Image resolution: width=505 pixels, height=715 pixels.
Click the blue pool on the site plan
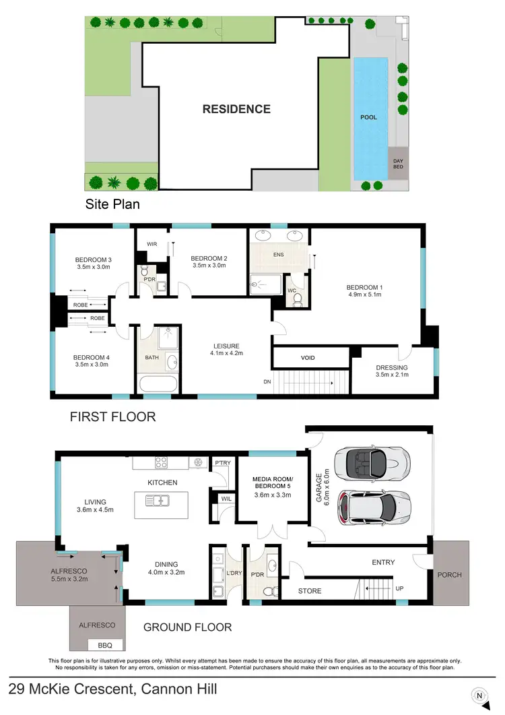coord(371,118)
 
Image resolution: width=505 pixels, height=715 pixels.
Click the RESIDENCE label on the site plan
coord(236,109)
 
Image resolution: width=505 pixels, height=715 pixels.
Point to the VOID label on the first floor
coord(308,358)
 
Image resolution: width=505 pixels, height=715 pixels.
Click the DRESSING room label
coord(391,368)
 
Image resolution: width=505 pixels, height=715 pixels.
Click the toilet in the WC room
coord(298,299)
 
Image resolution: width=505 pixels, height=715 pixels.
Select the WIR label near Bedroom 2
coord(152,244)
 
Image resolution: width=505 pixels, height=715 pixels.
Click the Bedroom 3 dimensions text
coord(92,268)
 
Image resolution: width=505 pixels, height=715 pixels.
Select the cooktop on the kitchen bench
coord(162,463)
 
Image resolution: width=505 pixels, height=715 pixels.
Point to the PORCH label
coord(450,574)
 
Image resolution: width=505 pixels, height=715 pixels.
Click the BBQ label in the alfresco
coord(105,644)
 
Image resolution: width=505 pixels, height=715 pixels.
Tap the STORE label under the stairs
coord(310,591)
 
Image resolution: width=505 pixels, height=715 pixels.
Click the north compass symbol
coord(479,695)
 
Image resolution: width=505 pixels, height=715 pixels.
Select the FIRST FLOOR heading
coord(112,417)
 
